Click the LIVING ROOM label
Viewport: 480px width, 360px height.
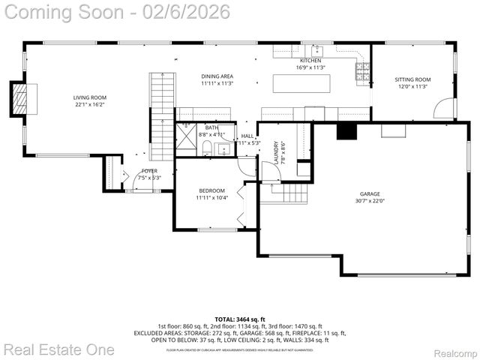point(89,97)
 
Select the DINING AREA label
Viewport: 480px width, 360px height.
point(217,76)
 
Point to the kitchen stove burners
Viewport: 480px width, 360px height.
point(362,72)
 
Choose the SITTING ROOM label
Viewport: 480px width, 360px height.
point(412,79)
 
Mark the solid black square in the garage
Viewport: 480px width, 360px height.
point(346,131)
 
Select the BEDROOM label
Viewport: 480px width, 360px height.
point(211,190)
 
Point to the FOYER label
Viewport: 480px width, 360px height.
point(149,171)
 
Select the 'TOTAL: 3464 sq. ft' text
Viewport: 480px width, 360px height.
point(239,319)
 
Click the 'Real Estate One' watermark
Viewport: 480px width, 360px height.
point(59,349)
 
